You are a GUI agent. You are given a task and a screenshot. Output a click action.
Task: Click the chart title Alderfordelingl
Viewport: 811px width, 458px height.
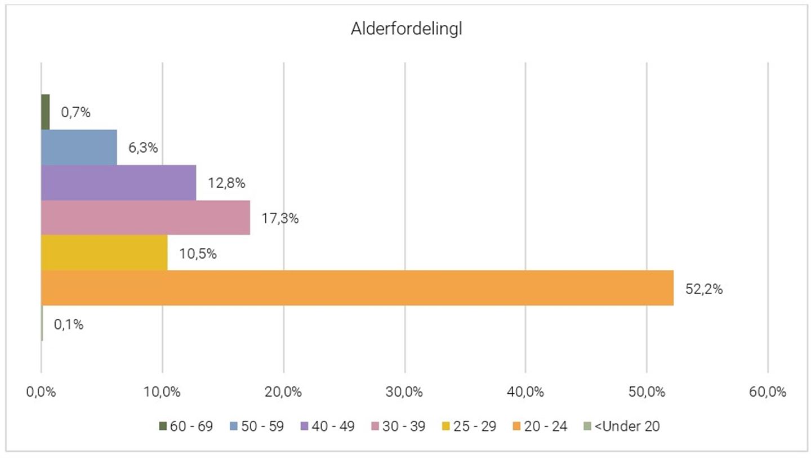pos(405,30)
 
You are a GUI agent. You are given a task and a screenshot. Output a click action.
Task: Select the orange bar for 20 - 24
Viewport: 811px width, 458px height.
pos(357,288)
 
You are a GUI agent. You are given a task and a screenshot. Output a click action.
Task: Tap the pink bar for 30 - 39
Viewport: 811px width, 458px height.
pos(145,217)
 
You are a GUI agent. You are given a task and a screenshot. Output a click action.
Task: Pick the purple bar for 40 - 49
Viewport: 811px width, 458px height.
pos(118,183)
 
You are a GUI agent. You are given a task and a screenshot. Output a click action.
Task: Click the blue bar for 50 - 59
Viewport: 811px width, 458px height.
pos(79,148)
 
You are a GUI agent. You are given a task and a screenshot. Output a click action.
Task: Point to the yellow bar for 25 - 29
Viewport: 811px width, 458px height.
pos(104,253)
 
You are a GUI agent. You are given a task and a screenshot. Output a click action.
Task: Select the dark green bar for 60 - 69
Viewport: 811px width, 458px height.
pos(45,112)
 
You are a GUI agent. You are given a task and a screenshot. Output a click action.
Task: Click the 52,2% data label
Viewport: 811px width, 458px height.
pos(703,290)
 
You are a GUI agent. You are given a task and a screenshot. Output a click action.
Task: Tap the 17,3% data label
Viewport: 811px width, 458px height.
pos(279,219)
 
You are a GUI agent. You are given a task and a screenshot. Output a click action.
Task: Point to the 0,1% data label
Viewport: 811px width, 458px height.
pos(68,324)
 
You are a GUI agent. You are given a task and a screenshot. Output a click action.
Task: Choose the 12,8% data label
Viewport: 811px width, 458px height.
pos(226,183)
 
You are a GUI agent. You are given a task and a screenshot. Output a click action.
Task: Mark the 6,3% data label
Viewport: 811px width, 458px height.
pos(143,148)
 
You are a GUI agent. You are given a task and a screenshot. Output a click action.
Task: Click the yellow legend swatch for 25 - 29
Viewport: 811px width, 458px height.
pos(446,426)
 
